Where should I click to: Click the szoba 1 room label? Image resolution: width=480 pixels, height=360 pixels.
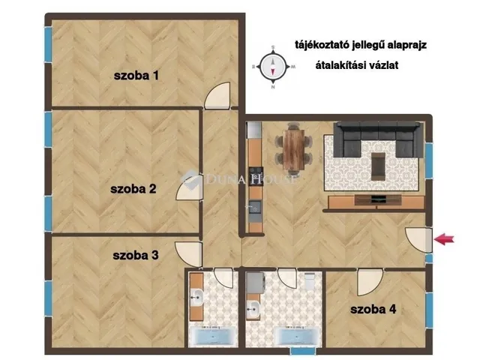[136, 75]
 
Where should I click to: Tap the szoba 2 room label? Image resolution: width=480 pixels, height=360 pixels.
[133, 188]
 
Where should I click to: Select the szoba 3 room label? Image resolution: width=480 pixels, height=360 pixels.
[136, 255]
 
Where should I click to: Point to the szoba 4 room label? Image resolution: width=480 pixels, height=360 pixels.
[373, 309]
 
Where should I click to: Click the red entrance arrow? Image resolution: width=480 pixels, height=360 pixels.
[445, 239]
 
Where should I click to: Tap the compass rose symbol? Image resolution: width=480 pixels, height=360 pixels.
[273, 67]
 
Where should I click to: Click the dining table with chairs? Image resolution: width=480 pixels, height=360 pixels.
[293, 149]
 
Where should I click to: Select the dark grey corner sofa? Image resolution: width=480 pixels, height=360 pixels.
[378, 138]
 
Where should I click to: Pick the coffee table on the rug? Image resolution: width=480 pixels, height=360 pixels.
[379, 166]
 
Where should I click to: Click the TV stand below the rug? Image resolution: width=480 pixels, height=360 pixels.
[376, 202]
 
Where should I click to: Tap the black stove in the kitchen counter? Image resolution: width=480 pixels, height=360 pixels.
[256, 175]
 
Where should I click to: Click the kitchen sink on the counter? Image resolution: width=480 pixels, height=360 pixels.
[254, 207]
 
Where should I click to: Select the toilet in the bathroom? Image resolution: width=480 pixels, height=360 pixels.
[310, 281]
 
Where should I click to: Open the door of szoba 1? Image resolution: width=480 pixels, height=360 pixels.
[217, 95]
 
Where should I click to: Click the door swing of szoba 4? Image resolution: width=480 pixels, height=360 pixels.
[370, 282]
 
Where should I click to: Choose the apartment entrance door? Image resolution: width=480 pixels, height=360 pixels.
[418, 240]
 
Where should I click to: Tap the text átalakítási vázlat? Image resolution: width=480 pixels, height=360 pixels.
[357, 65]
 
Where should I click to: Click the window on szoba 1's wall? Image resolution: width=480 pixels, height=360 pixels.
[48, 45]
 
